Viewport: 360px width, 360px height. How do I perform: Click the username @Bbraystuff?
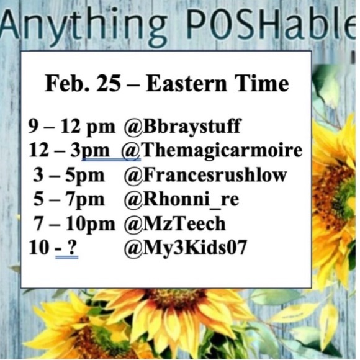coord(182,127)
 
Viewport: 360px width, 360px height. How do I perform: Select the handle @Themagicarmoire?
coord(214,151)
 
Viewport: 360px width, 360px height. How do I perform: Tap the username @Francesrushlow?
coord(205,175)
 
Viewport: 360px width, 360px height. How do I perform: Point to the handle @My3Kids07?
coord(186,248)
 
